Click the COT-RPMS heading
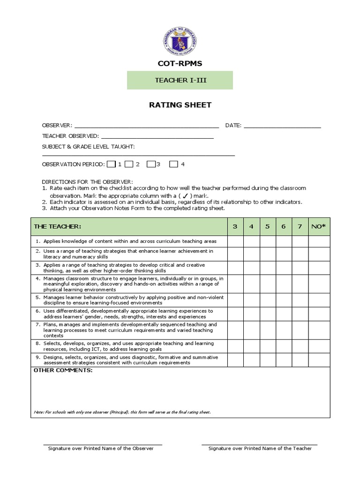tap(180, 63)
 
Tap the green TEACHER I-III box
tap(180, 80)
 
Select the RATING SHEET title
tap(180, 105)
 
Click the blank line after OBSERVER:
tap(146, 126)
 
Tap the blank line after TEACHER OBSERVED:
tap(157, 137)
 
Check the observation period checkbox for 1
tap(111, 164)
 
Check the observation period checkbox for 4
tap(173, 164)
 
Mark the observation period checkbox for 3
tap(151, 164)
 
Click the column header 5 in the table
tap(267, 227)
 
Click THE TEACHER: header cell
tap(129, 227)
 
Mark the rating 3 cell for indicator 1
tap(235, 241)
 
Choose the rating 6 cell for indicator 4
tap(284, 284)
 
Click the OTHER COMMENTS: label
tap(63, 371)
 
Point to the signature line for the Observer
tap(103, 443)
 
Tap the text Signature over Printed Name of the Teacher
tap(260, 449)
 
